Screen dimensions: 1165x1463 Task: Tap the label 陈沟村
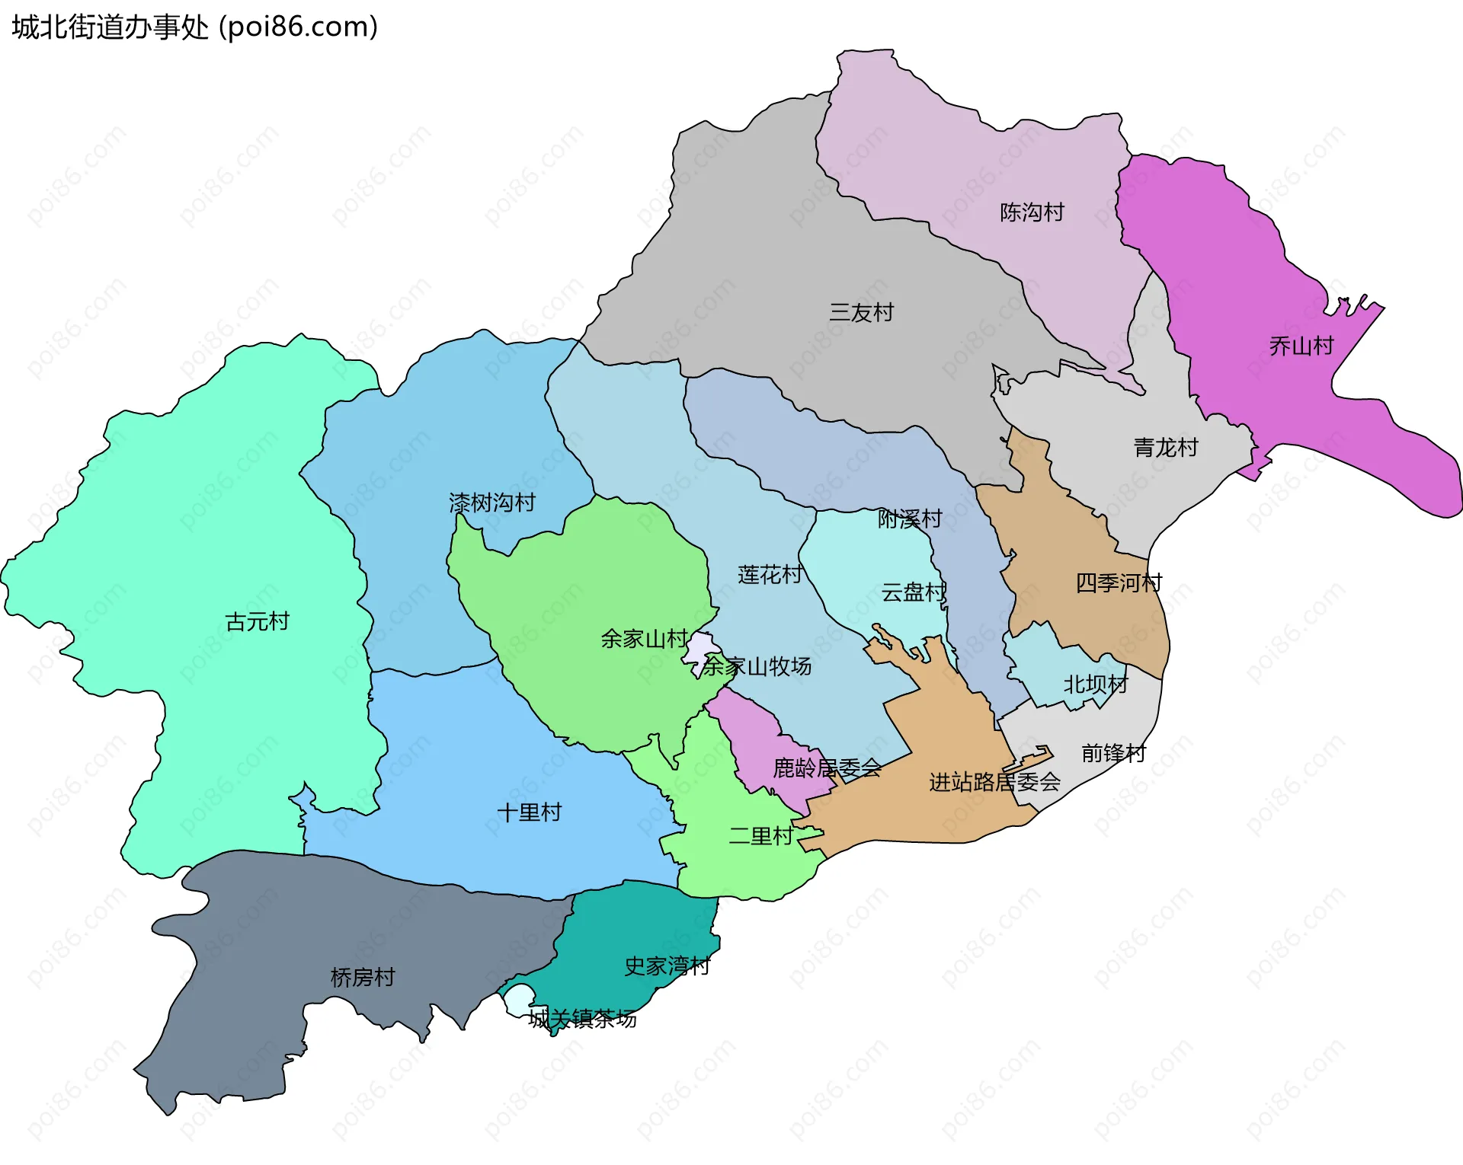pyautogui.click(x=1032, y=212)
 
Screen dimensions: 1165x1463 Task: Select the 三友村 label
pyautogui.click(x=861, y=313)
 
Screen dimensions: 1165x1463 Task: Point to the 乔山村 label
pyautogui.click(x=1301, y=346)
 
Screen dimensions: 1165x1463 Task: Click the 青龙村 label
pyautogui.click(x=1166, y=448)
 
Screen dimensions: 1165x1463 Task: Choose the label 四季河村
pyautogui.click(x=1119, y=583)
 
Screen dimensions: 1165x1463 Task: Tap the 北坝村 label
pyautogui.click(x=1095, y=685)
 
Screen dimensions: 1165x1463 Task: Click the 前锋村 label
pyautogui.click(x=1113, y=754)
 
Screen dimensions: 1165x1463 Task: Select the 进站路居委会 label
pyautogui.click(x=994, y=782)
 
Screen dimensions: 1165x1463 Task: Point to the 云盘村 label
pyautogui.click(x=913, y=592)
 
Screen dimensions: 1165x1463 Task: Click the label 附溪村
pyautogui.click(x=910, y=519)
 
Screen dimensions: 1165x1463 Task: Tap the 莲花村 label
pyautogui.click(x=770, y=575)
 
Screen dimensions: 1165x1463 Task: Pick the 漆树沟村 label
pyautogui.click(x=492, y=503)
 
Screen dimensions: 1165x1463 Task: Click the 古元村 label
pyautogui.click(x=258, y=622)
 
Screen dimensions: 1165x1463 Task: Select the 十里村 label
pyautogui.click(x=529, y=812)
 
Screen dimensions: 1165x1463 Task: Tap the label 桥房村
pyautogui.click(x=363, y=978)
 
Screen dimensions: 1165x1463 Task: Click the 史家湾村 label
pyautogui.click(x=667, y=966)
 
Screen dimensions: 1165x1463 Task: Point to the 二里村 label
pyautogui.click(x=760, y=836)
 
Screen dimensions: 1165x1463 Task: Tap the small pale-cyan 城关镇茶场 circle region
pyautogui.click(x=520, y=999)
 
